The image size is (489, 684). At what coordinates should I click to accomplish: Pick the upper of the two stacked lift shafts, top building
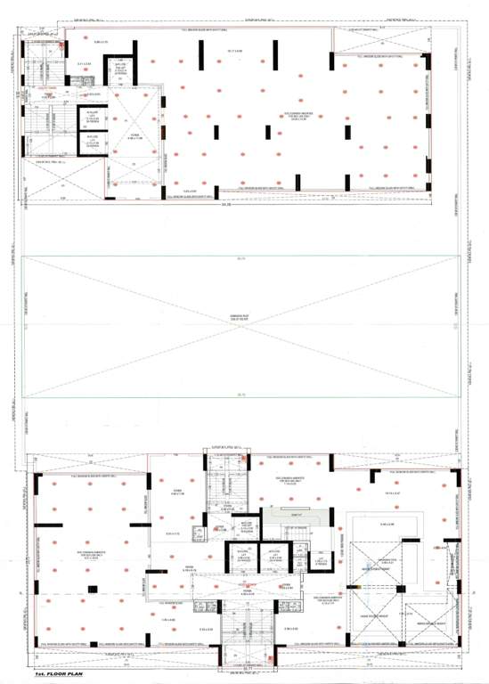tap(92, 117)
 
